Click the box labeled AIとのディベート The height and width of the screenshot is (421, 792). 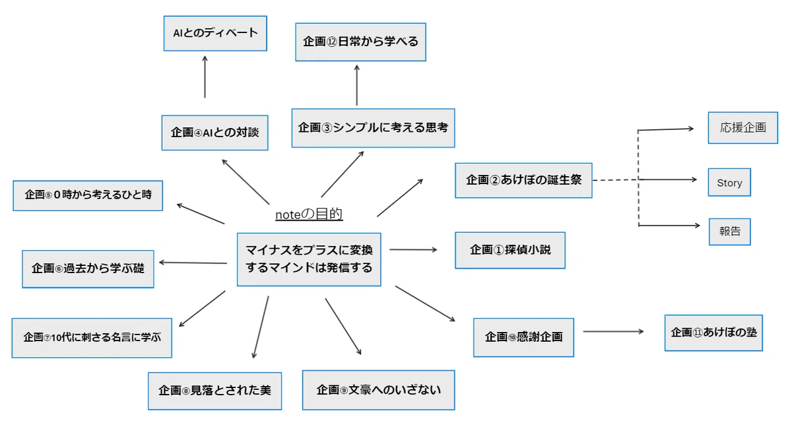[x=215, y=33]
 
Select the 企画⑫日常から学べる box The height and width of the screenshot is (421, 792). [x=360, y=42]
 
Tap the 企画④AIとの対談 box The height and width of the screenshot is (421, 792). [x=214, y=133]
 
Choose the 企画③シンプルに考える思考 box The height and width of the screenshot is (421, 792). [x=373, y=128]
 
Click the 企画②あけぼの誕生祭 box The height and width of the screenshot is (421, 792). [x=523, y=180]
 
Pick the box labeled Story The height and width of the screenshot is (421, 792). [x=729, y=182]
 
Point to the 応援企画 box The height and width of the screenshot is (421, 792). [x=742, y=127]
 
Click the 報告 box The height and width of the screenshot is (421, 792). [x=729, y=232]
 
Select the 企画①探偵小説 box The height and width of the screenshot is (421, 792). [x=510, y=250]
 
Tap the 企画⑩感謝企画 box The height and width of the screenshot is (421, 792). [x=523, y=337]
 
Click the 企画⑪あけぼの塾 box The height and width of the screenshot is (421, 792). [x=713, y=333]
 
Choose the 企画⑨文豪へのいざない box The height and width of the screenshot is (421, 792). [x=378, y=390]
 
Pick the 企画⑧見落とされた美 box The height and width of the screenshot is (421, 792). [x=214, y=391]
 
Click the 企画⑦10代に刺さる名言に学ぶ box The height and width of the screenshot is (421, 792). [x=92, y=338]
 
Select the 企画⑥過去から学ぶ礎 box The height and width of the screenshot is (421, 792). [x=88, y=269]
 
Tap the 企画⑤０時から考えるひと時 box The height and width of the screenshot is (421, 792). [x=88, y=195]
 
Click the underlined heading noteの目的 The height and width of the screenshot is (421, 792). [x=309, y=214]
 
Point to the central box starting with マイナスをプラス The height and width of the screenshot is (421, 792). [x=309, y=259]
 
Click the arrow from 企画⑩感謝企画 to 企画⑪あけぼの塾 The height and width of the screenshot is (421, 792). [x=613, y=331]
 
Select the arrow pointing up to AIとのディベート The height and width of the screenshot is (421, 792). [x=205, y=77]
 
